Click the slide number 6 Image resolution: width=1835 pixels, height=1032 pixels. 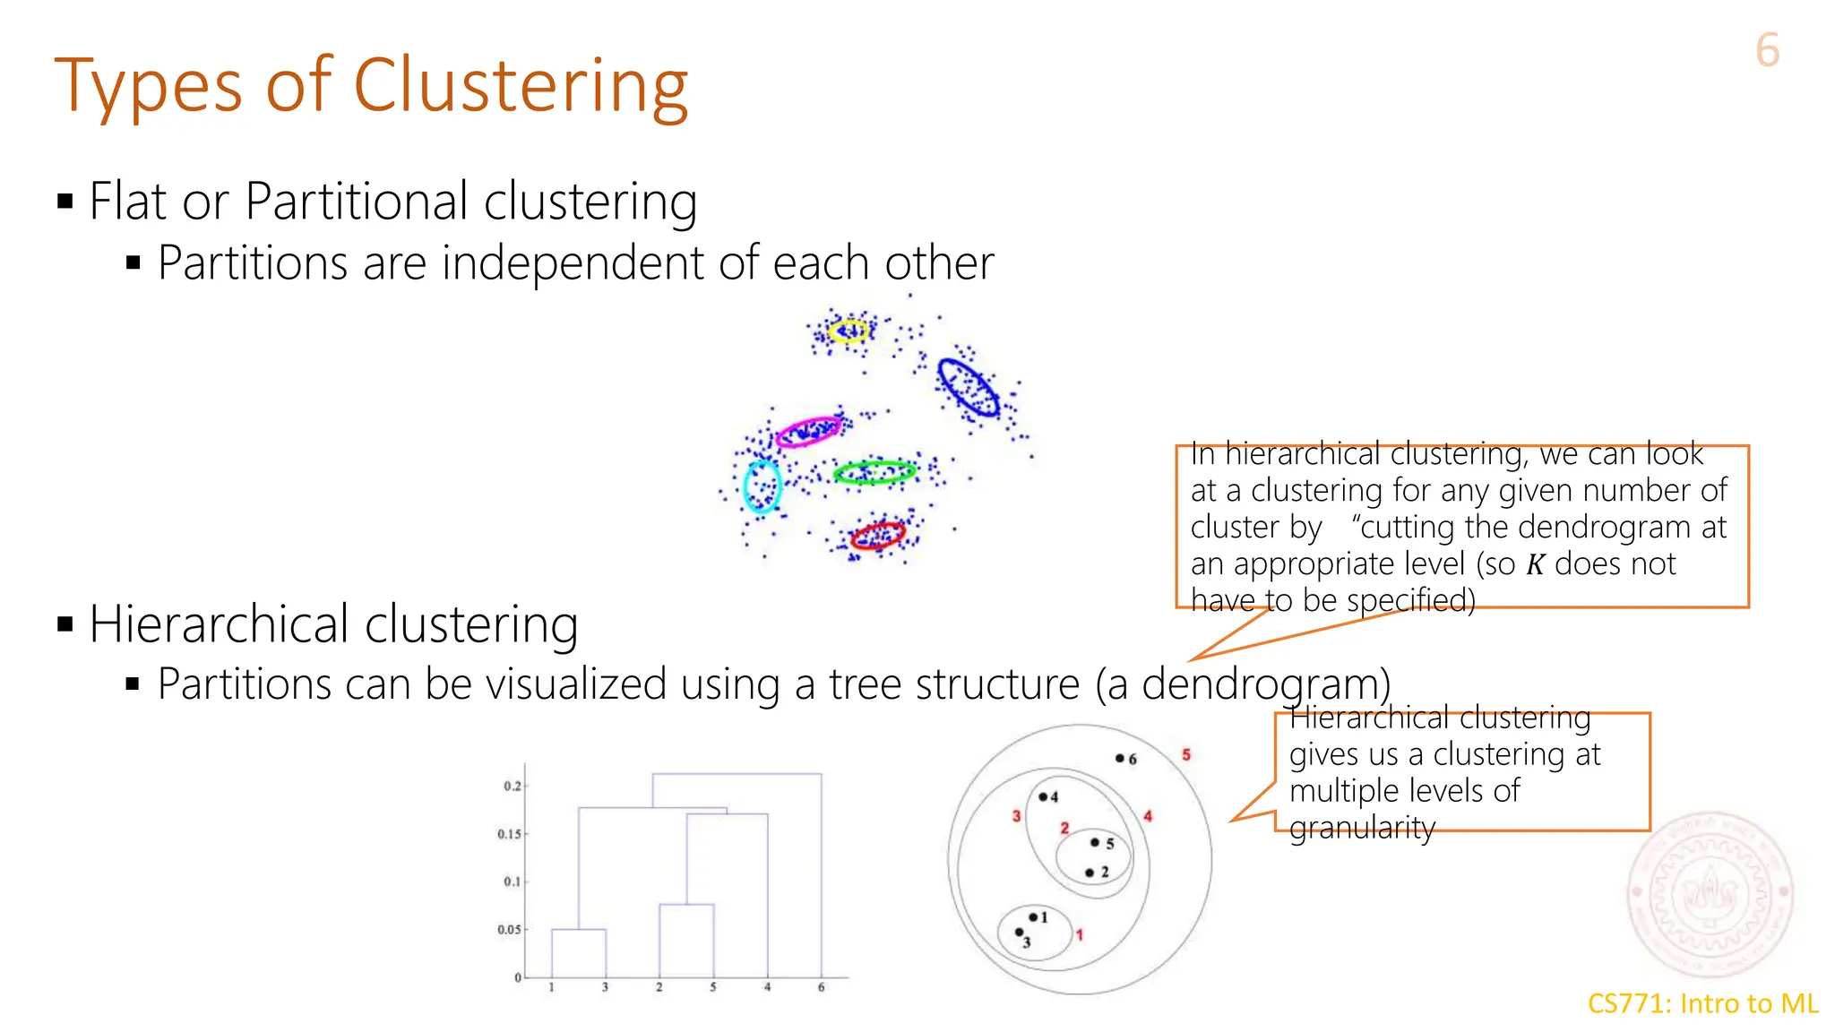pyautogui.click(x=1767, y=50)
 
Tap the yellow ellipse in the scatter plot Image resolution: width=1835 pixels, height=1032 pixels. pyautogui.click(x=848, y=331)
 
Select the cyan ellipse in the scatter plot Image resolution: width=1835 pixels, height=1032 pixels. pyautogui.click(x=762, y=486)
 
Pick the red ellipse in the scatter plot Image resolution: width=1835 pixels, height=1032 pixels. pyautogui.click(x=878, y=535)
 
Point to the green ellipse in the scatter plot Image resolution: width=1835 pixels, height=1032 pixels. pyautogui.click(x=874, y=472)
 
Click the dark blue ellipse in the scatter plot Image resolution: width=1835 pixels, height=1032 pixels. pyautogui.click(x=968, y=387)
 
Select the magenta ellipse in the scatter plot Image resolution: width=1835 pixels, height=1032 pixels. pyautogui.click(x=809, y=431)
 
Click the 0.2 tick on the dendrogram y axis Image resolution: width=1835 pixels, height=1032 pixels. pyautogui.click(x=512, y=786)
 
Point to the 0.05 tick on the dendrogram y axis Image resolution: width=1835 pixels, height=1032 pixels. pyautogui.click(x=509, y=929)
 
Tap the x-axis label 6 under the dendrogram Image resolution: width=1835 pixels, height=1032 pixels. pyautogui.click(x=821, y=987)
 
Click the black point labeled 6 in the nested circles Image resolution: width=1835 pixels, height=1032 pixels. pyautogui.click(x=1119, y=758)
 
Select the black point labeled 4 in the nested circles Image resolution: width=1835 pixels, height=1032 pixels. pyautogui.click(x=1043, y=796)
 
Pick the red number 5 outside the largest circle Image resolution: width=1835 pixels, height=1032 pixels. pyautogui.click(x=1185, y=754)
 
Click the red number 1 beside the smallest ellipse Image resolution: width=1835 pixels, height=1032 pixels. pyautogui.click(x=1080, y=934)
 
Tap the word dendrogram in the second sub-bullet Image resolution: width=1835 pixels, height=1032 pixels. pyautogui.click(x=1265, y=684)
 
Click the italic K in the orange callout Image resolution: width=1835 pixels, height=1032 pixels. pyautogui.click(x=1535, y=564)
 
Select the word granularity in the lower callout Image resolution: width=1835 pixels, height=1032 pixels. pyautogui.click(x=1362, y=828)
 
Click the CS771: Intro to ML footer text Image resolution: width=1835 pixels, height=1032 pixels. pyautogui.click(x=1702, y=1003)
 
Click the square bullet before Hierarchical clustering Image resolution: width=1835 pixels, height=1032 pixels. pyautogui.click(x=65, y=624)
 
